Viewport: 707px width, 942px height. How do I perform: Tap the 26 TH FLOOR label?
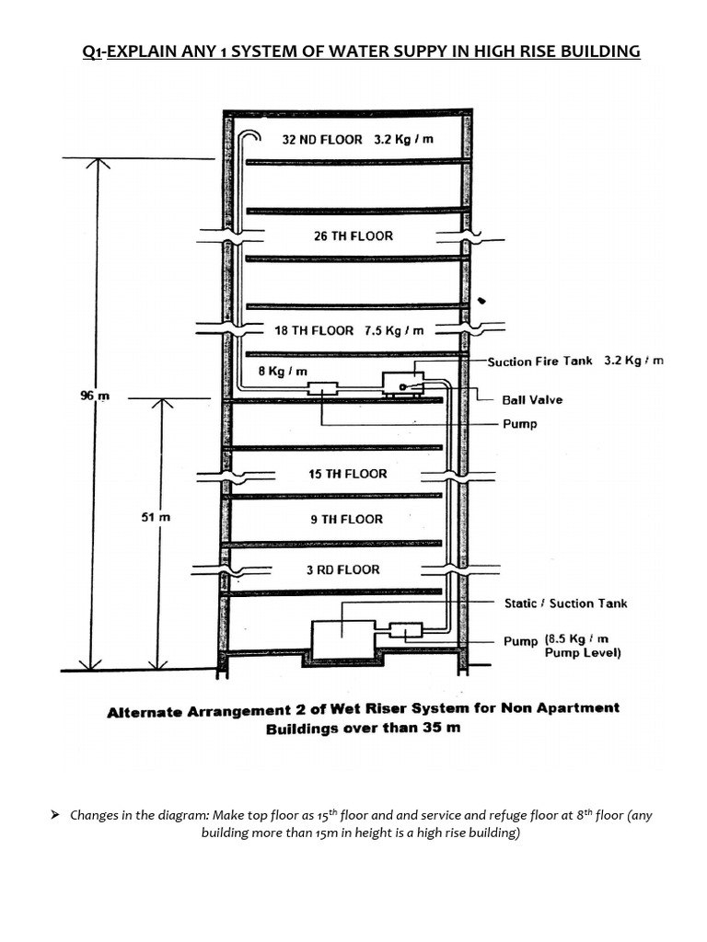[353, 236]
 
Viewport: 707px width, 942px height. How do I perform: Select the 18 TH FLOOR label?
[314, 330]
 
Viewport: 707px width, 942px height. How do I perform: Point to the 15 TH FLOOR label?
[347, 474]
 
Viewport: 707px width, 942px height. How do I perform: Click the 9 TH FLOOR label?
[345, 520]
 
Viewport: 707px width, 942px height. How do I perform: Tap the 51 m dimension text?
[156, 518]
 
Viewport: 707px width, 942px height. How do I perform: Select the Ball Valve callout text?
[532, 400]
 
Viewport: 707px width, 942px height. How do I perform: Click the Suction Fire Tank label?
[540, 362]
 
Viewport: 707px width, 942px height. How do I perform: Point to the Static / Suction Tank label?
[565, 603]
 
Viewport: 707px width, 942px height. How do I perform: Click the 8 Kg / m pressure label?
[282, 371]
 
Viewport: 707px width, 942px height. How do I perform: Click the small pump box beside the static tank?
[405, 631]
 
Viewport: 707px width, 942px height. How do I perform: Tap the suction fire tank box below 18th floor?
[403, 383]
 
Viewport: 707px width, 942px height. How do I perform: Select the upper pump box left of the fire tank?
[323, 389]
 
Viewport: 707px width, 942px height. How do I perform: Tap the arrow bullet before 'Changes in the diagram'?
[55, 815]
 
